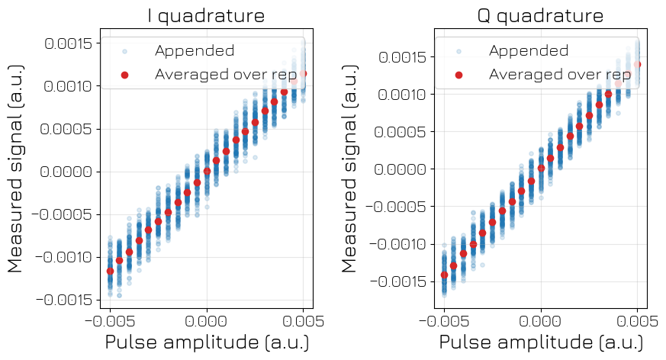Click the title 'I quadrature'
pyautogui.click(x=206, y=15)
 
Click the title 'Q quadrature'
pyautogui.click(x=540, y=15)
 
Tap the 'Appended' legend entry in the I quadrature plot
pyautogui.click(x=194, y=51)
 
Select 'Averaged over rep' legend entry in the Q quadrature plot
pyautogui.click(x=559, y=74)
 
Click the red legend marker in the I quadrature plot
pyautogui.click(x=125, y=75)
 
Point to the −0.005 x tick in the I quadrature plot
pyautogui.click(x=110, y=317)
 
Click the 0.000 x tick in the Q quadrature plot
pyautogui.click(x=541, y=317)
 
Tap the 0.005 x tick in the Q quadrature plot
pyautogui.click(x=637, y=317)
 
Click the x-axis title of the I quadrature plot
pyautogui.click(x=207, y=341)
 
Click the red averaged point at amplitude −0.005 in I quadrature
pyautogui.click(x=110, y=271)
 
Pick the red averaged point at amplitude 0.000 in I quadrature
pyautogui.click(x=207, y=172)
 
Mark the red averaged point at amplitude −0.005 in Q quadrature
pyautogui.click(x=444, y=275)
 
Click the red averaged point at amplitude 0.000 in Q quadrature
pyautogui.click(x=541, y=168)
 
